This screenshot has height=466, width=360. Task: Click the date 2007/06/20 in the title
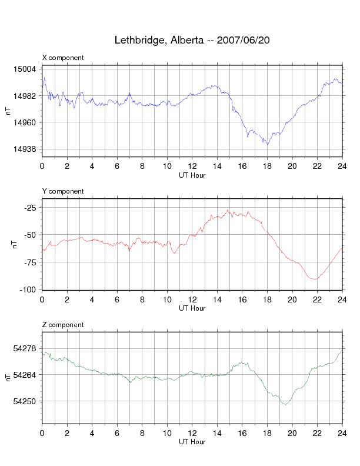(243, 41)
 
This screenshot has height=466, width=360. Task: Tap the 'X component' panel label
(63, 58)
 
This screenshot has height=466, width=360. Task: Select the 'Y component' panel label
(63, 191)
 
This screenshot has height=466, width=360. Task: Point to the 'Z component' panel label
(63, 325)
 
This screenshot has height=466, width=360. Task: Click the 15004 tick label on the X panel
(25, 69)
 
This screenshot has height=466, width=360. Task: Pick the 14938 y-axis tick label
(25, 149)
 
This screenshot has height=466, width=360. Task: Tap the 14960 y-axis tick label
(25, 122)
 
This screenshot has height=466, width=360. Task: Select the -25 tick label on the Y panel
(29, 207)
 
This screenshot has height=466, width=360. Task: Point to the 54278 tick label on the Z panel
(25, 348)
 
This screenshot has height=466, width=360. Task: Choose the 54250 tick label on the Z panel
(25, 401)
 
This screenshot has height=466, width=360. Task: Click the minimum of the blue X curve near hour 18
(268, 144)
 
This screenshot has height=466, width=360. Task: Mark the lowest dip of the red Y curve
(315, 279)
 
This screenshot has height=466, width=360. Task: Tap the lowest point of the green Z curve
(286, 405)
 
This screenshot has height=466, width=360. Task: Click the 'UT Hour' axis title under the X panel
(192, 175)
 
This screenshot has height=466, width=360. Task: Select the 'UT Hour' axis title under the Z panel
(192, 442)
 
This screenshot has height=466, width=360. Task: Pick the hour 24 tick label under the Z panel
(342, 434)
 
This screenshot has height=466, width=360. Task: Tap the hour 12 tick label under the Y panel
(192, 300)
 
